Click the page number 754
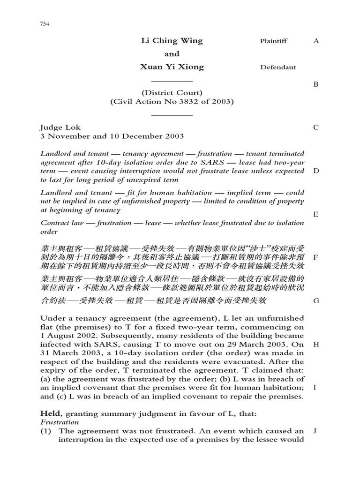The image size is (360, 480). pos(45,24)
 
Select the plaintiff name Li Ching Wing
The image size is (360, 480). pos(172,41)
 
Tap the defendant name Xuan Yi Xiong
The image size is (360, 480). pos(172,67)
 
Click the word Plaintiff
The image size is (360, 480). pos(274,41)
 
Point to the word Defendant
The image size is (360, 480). pos(278,67)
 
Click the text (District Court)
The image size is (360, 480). pos(172,92)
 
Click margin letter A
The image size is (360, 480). pos(316,41)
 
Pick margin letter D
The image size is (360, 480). pos(316,171)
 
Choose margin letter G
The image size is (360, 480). pos(316,301)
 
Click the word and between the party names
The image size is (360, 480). pos(172,54)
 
